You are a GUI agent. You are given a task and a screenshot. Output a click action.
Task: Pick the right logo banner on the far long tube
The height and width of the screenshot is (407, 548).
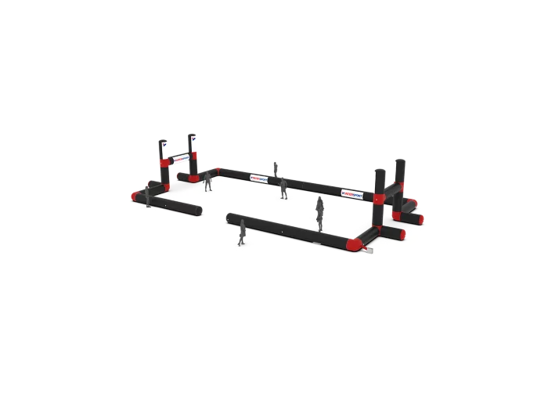[x=354, y=190]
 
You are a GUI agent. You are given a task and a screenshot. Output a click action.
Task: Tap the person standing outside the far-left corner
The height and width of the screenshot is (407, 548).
[x=146, y=197]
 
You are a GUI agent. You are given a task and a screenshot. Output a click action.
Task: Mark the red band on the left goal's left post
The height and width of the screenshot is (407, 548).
[x=164, y=164]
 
